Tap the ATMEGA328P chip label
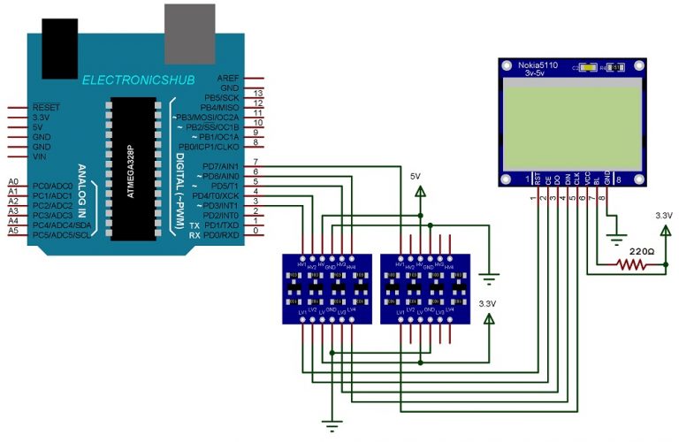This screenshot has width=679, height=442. [130, 168]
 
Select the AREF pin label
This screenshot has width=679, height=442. [227, 79]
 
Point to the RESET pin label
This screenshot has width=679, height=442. [46, 107]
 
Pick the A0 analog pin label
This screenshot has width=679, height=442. [12, 180]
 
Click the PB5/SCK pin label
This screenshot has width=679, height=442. [223, 96]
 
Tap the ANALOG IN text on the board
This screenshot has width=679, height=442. [81, 191]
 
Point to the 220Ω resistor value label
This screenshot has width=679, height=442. [642, 251]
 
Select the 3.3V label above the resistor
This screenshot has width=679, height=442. [664, 215]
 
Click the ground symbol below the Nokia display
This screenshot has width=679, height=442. [615, 238]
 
